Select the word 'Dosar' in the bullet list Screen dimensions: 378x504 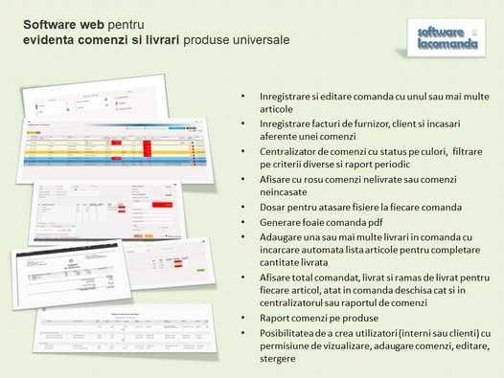(272, 208)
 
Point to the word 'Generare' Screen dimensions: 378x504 (281, 222)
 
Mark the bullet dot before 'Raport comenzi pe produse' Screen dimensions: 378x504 (243, 318)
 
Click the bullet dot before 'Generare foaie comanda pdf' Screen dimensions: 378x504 (243, 222)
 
